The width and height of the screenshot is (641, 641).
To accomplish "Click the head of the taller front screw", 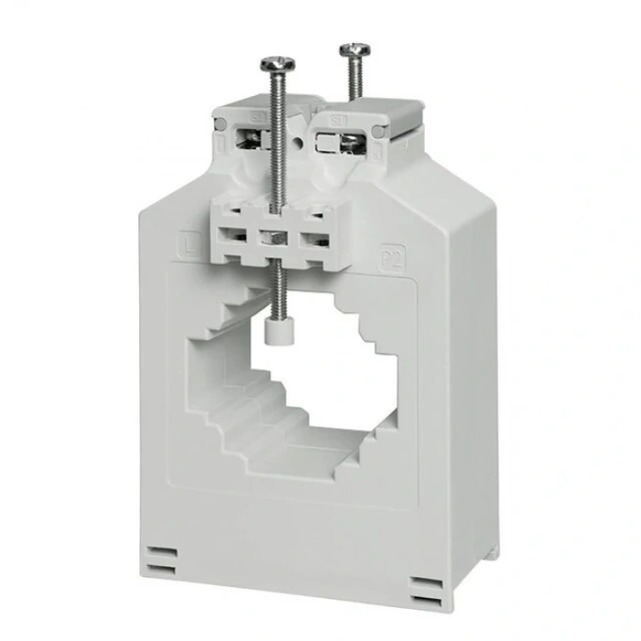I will coord(277,64).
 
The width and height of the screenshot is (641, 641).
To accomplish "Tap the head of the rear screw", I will coord(353,49).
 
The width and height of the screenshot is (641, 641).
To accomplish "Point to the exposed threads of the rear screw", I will coord(353,78).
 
